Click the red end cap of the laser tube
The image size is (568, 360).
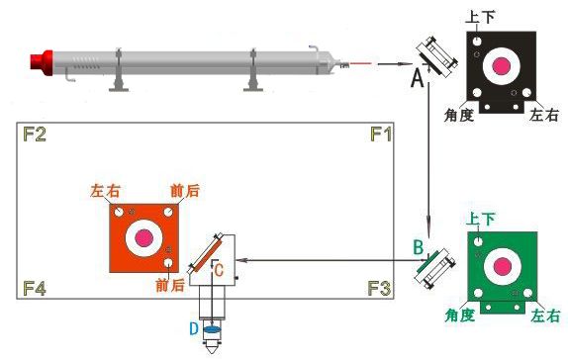point(42,62)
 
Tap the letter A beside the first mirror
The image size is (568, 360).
point(418,78)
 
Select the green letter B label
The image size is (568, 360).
point(418,247)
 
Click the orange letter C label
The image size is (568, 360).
point(219,270)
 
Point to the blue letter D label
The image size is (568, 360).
point(194,329)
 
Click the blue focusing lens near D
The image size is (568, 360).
point(212,329)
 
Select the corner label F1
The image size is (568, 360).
point(381,135)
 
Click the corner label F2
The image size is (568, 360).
point(35,134)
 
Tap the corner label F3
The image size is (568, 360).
point(379,288)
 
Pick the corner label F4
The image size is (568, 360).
point(35,289)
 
